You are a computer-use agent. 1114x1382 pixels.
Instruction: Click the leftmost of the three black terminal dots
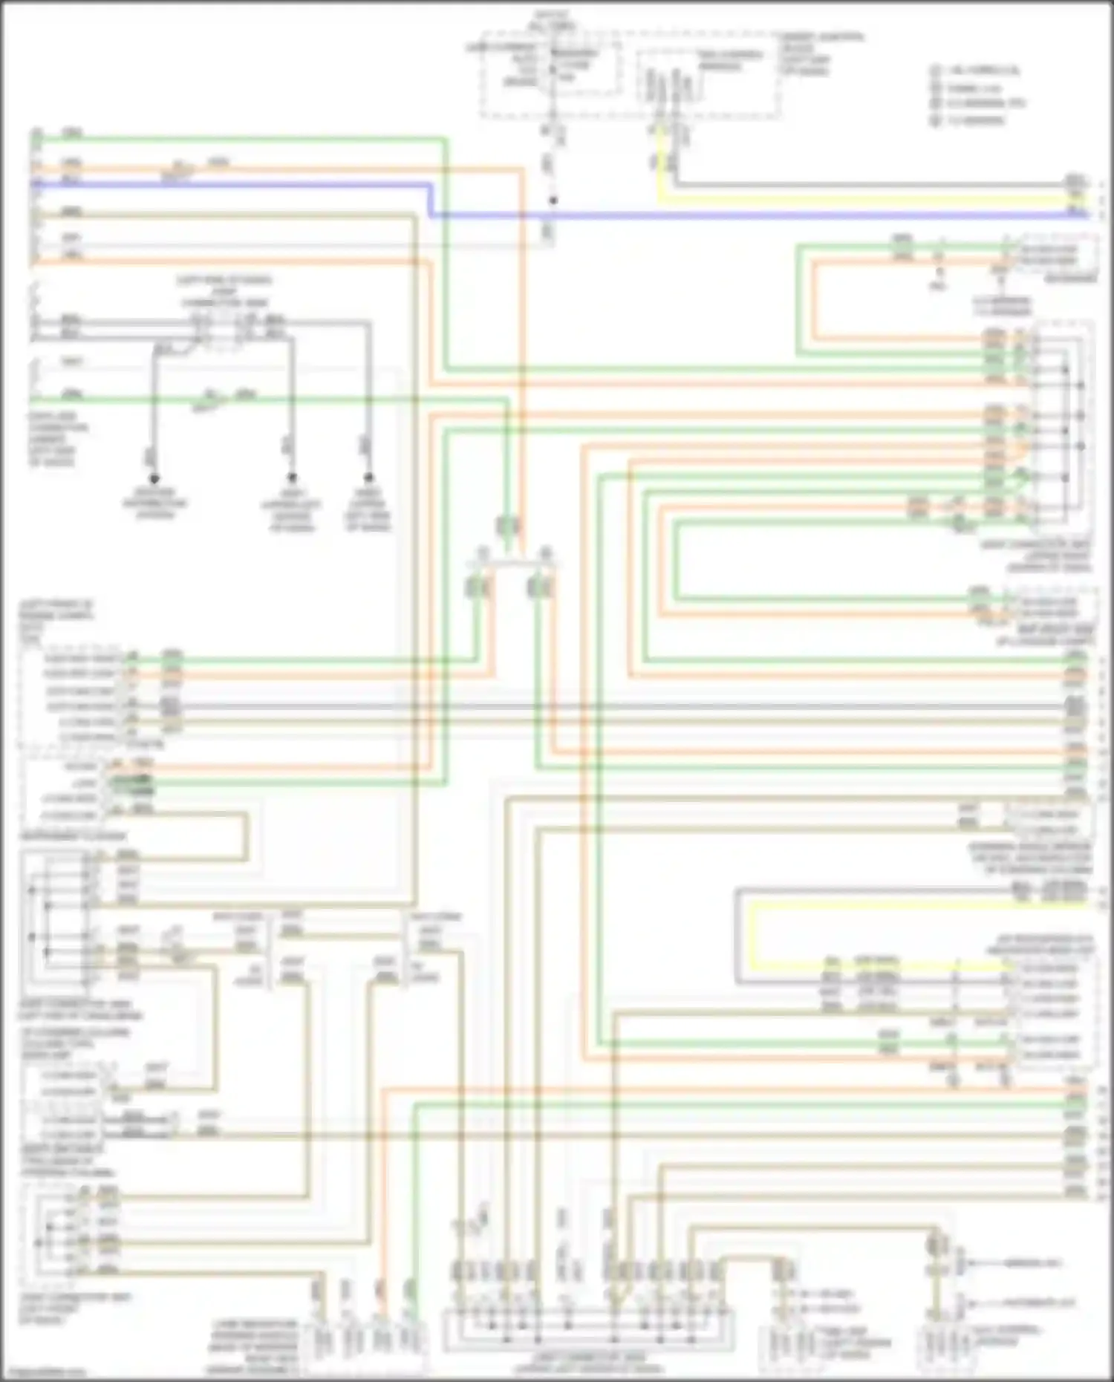click(154, 478)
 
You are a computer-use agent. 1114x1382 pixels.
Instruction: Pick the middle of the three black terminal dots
click(292, 477)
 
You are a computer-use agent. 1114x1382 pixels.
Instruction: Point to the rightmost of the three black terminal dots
click(368, 477)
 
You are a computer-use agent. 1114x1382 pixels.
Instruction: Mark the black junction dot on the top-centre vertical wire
click(553, 201)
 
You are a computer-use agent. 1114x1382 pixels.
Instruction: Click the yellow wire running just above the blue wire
click(854, 201)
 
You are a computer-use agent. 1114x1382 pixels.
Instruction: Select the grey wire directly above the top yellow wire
click(854, 184)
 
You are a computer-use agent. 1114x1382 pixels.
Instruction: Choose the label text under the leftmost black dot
click(154, 503)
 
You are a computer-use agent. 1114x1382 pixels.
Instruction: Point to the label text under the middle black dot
click(292, 510)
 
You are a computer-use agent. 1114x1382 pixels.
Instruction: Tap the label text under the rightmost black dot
click(368, 510)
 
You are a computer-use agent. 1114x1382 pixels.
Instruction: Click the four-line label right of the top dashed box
click(820, 53)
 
